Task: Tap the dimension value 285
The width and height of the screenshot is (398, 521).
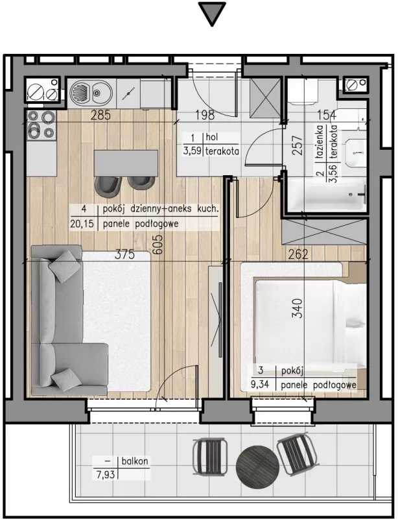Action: (x=100, y=115)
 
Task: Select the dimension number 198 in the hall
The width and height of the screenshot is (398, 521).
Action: (x=205, y=115)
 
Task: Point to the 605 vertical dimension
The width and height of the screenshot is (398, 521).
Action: (x=158, y=245)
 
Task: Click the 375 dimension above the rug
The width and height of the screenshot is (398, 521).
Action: (x=125, y=254)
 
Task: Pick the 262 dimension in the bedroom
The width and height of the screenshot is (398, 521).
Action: (x=298, y=254)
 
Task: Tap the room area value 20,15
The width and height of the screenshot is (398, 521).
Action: (x=82, y=224)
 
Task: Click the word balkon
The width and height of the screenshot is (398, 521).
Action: (x=135, y=461)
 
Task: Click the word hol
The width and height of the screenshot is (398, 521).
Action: (x=212, y=136)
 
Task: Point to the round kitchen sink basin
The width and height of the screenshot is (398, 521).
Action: (x=80, y=92)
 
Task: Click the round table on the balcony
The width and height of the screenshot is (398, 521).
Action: (x=257, y=466)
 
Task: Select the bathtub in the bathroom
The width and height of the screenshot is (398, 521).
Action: (x=327, y=195)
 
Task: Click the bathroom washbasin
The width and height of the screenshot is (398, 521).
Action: (x=355, y=152)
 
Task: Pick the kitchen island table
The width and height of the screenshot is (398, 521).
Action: (x=126, y=163)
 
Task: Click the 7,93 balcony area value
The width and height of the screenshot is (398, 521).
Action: (x=105, y=474)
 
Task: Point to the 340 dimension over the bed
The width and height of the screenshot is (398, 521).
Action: (x=298, y=308)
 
